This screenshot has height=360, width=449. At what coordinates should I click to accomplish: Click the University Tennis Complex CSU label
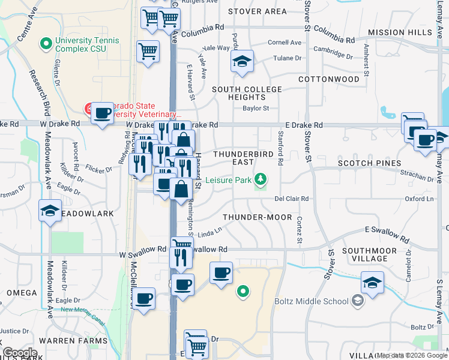(86, 44)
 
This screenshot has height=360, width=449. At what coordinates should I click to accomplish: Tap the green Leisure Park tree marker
(261, 179)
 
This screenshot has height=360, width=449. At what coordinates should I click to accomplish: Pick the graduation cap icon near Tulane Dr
(242, 62)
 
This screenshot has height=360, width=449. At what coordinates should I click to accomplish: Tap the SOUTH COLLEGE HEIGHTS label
(247, 93)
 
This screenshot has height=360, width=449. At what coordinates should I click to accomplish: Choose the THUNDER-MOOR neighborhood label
(257, 217)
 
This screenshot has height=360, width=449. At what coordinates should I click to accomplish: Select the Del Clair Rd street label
(291, 199)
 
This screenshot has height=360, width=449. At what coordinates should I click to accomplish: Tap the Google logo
(20, 353)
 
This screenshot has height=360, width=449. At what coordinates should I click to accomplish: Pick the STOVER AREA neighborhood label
(258, 11)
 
